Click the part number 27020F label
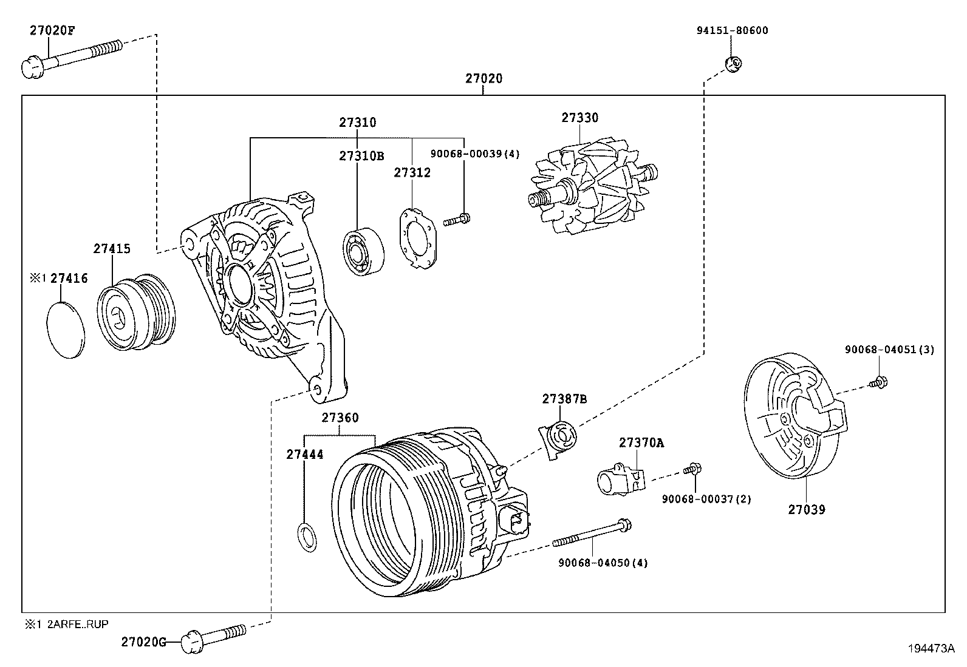click(52, 31)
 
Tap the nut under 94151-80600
click(734, 63)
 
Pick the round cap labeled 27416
click(65, 328)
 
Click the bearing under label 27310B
click(363, 251)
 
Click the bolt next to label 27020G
click(216, 635)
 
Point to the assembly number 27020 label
click(484, 78)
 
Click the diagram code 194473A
click(931, 648)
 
